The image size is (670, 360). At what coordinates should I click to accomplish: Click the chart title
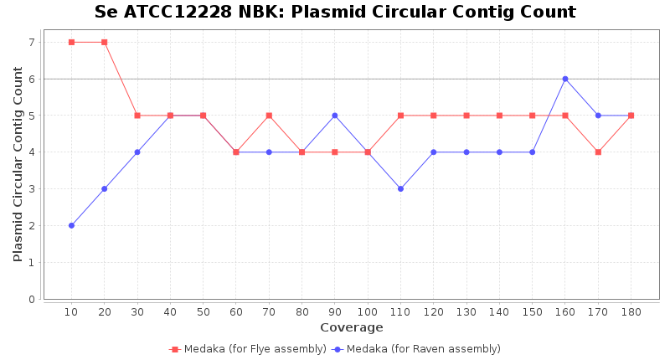click(335, 13)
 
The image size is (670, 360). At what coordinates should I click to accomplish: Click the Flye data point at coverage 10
click(71, 42)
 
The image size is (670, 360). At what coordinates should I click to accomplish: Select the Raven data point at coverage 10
click(71, 225)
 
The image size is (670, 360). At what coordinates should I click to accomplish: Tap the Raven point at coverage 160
click(565, 79)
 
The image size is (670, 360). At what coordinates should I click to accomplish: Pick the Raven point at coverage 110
click(400, 188)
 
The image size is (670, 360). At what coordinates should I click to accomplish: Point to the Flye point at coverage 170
click(598, 152)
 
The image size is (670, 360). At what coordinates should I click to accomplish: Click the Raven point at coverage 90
click(335, 116)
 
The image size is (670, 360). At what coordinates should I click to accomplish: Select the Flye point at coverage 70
click(269, 116)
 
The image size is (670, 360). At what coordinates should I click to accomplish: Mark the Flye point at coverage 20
click(104, 42)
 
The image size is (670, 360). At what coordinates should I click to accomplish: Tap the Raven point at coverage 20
click(104, 188)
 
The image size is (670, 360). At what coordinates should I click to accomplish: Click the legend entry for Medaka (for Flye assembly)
click(248, 349)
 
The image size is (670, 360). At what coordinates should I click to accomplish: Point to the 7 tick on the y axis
click(31, 42)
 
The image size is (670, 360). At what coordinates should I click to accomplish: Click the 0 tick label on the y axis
click(31, 299)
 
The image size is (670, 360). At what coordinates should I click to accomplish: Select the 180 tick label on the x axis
click(631, 311)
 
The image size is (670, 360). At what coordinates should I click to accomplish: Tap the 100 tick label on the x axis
click(368, 311)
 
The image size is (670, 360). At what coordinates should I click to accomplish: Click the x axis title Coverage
click(351, 327)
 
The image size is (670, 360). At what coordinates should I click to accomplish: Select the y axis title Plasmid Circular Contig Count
click(18, 164)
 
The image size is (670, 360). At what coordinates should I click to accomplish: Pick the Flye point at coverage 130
click(466, 116)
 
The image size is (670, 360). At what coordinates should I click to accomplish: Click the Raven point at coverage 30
click(137, 152)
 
